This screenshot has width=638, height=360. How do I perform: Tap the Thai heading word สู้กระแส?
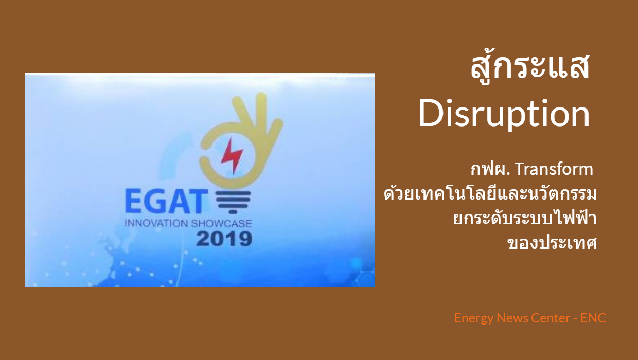click(x=530, y=66)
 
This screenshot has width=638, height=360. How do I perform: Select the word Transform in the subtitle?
click(x=554, y=169)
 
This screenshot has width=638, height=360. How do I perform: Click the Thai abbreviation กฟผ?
click(x=490, y=169)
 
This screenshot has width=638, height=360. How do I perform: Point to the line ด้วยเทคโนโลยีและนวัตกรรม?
click(x=490, y=194)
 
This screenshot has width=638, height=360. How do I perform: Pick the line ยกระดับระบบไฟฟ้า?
click(x=525, y=218)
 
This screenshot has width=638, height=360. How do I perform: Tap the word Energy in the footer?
click(x=474, y=318)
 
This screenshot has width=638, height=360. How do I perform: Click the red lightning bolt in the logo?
click(x=232, y=156)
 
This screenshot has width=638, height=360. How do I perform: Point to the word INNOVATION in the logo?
click(x=156, y=223)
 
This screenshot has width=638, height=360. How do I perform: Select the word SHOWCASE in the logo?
click(x=221, y=223)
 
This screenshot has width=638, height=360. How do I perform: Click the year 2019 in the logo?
click(x=224, y=239)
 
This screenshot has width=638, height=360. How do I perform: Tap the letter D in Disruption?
click(x=430, y=113)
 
